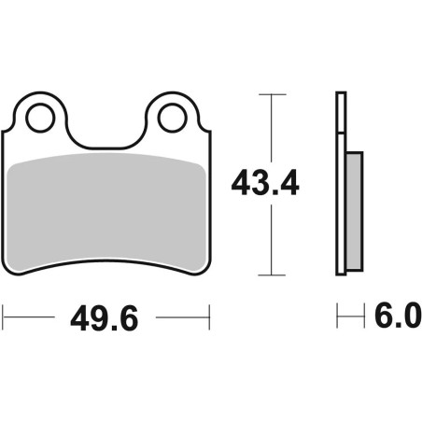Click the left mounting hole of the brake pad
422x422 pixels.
(x=39, y=118)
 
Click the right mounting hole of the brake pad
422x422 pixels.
(x=172, y=118)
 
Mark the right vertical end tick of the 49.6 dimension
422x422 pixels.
(x=208, y=318)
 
